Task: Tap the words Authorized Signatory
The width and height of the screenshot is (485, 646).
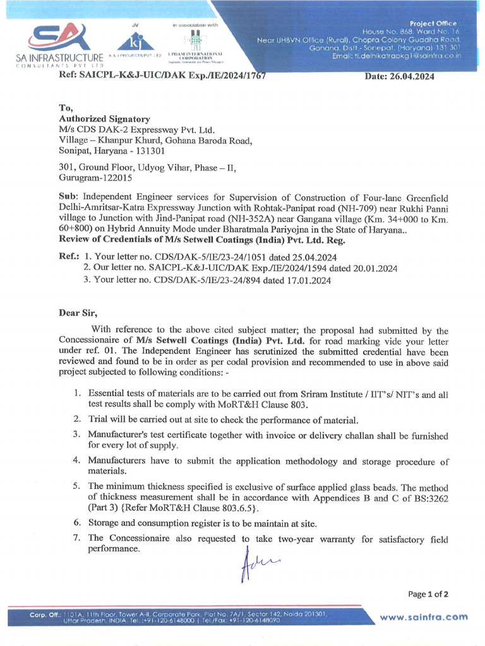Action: pyautogui.click(x=104, y=119)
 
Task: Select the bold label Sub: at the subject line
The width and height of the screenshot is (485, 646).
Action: pyautogui.click(x=69, y=196)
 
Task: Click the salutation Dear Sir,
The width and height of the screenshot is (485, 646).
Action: pyautogui.click(x=78, y=313)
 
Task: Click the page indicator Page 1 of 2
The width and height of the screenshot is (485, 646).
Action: pyautogui.click(x=428, y=594)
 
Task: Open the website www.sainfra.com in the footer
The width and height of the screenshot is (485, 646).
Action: pyautogui.click(x=424, y=617)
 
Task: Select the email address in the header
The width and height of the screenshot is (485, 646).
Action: pyautogui.click(x=397, y=56)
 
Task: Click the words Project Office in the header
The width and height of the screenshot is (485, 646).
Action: pyautogui.click(x=433, y=23)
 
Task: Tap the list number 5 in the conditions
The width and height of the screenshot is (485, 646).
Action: pyautogui.click(x=76, y=486)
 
